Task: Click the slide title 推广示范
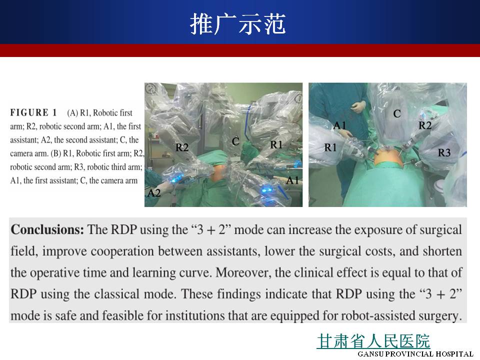[x=238, y=24]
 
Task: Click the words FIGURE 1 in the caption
[x=33, y=112]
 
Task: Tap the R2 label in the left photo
[x=182, y=147]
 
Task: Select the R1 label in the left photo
[x=276, y=144]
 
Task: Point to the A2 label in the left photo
[x=154, y=193]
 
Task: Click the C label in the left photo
[x=235, y=141]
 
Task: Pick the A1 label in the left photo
[x=292, y=180]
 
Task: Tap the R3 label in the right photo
[x=444, y=152]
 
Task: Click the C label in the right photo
[x=397, y=114]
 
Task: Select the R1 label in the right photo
[x=330, y=147]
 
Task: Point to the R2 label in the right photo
[x=425, y=125]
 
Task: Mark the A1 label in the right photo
[x=339, y=125]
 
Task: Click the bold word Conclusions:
[x=47, y=229]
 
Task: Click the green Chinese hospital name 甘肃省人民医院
[x=373, y=341]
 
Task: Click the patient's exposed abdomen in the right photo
[x=387, y=157]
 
